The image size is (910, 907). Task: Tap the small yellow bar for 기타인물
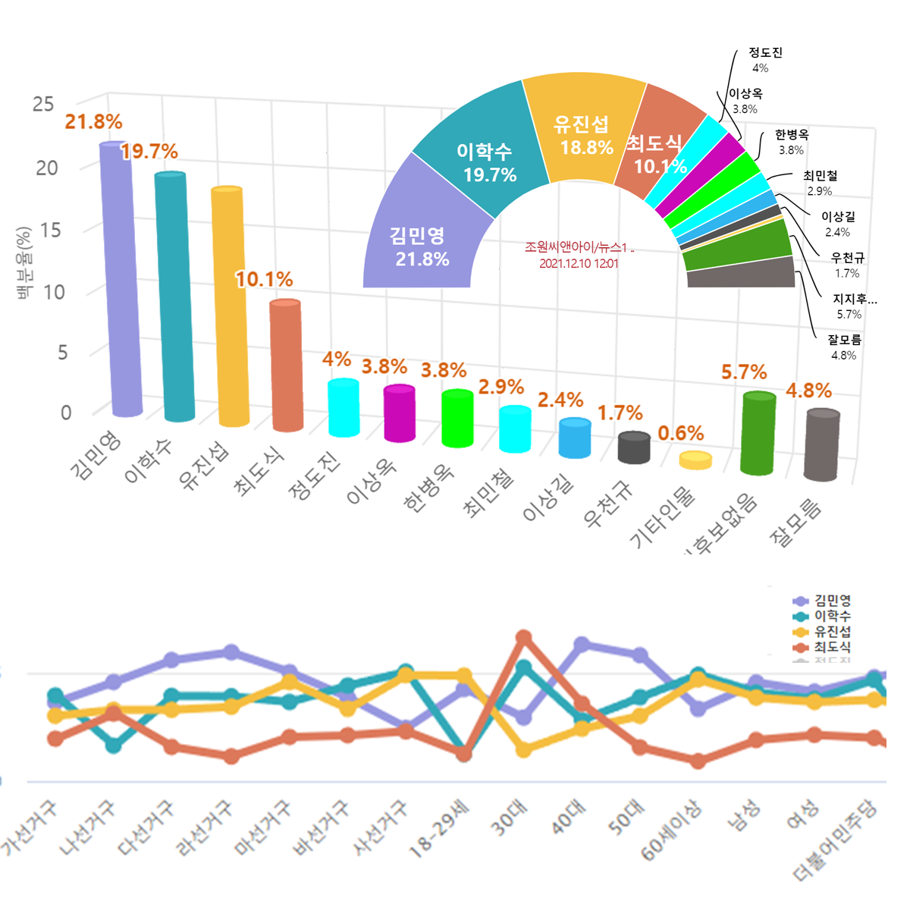695,460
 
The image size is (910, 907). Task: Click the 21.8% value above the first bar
93,122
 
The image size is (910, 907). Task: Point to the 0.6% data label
680,433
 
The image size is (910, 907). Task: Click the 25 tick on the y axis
43,105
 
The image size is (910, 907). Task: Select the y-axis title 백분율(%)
24,262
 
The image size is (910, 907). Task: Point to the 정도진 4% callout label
764,60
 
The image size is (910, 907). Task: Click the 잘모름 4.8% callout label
844,347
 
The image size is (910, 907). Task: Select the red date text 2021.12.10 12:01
579,264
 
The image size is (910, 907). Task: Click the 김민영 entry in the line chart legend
832,601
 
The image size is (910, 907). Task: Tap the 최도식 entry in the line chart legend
832,648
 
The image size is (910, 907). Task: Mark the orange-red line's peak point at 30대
523,638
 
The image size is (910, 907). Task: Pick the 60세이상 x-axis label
671,831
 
